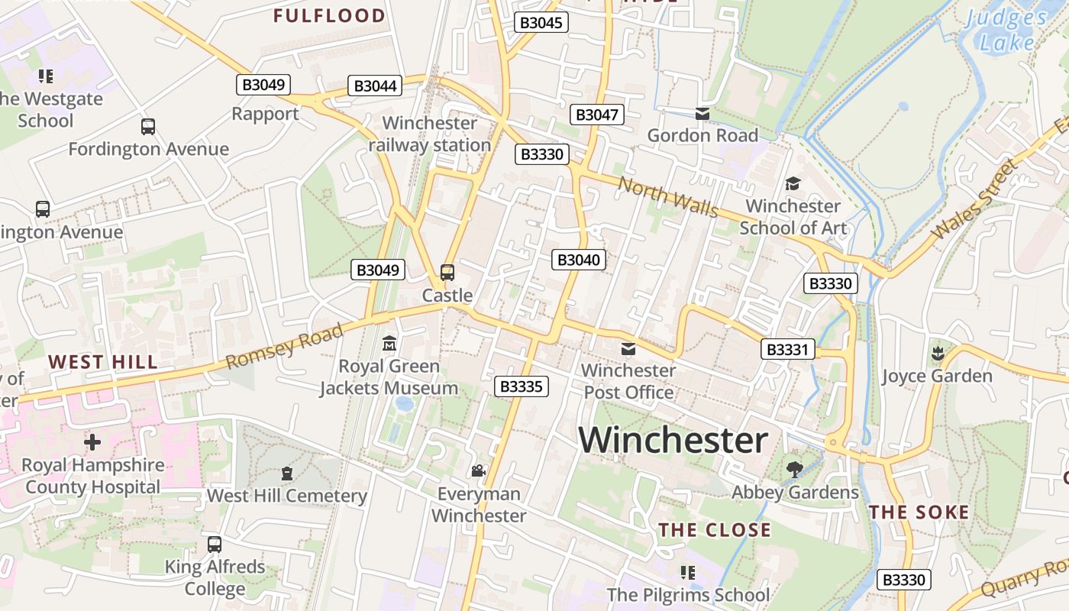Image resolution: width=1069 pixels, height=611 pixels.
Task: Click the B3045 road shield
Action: [x=541, y=22]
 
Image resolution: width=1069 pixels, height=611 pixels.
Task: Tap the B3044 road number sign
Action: [x=375, y=86]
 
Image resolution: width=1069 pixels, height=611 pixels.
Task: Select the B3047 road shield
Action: [x=597, y=115]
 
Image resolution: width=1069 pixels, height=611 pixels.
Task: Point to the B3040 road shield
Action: [x=579, y=260]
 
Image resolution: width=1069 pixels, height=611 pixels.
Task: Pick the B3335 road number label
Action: [x=522, y=386]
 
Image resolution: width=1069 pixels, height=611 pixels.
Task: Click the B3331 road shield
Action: [x=787, y=350]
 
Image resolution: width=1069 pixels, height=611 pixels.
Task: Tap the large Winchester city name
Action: [x=673, y=441]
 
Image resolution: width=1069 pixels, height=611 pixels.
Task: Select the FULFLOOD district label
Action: [x=329, y=15]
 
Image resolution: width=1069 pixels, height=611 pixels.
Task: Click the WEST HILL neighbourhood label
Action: [x=102, y=362]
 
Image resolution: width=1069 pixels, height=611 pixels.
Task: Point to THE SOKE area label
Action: [x=919, y=512]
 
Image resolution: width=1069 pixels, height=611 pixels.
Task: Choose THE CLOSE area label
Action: [x=715, y=530]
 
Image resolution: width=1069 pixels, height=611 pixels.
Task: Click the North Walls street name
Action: [x=668, y=196]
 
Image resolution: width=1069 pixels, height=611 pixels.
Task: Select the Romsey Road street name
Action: [x=286, y=346]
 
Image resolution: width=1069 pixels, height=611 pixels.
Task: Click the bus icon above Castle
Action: [x=447, y=273]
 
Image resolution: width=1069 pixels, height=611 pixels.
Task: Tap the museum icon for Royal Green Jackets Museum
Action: [x=389, y=344]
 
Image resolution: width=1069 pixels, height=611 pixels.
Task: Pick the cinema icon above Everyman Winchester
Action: [x=479, y=471]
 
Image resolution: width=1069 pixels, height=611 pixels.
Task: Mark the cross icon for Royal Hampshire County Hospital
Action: [x=92, y=442]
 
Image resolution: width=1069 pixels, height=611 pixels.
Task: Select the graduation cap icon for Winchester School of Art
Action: [x=793, y=184]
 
